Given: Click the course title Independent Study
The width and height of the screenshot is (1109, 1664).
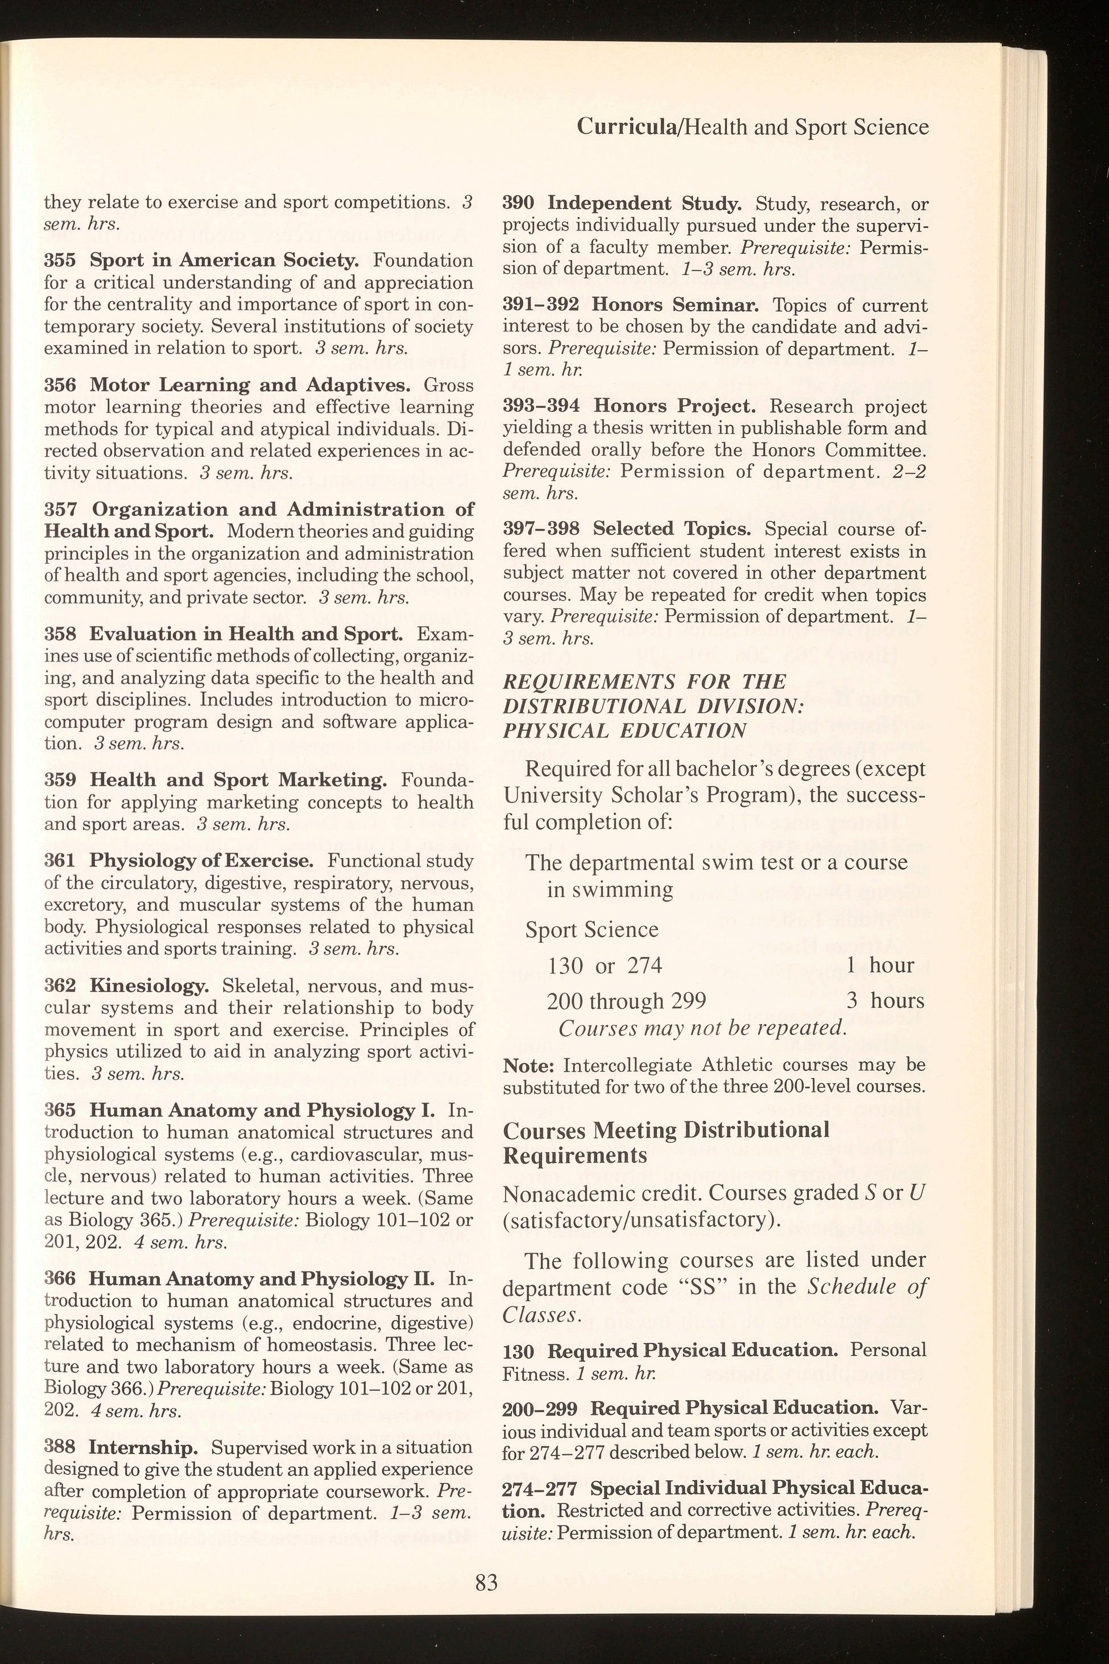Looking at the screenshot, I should pyautogui.click(x=644, y=204).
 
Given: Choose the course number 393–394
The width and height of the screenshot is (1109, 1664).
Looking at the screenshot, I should pyautogui.click(x=541, y=406).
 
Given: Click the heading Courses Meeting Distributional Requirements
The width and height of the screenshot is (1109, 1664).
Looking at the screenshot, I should pyautogui.click(x=665, y=1142).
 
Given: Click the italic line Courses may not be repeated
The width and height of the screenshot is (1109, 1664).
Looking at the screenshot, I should pyautogui.click(x=702, y=1028).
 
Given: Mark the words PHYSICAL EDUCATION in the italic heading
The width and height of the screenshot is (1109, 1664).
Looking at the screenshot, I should pyautogui.click(x=624, y=731).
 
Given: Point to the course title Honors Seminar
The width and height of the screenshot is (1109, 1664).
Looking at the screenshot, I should pyautogui.click(x=676, y=305).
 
